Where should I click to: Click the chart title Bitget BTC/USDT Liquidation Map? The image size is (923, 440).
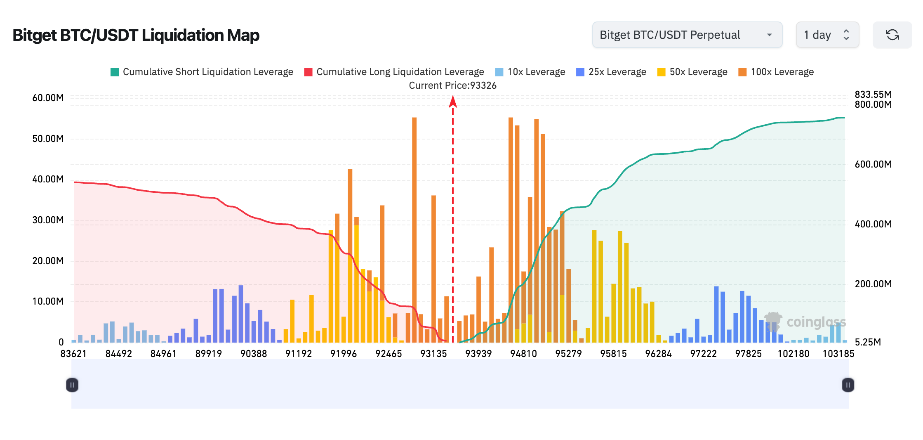136,35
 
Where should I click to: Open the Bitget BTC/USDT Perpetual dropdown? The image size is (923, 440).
687,35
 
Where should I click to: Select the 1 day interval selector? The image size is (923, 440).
827,35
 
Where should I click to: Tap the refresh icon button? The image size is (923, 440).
892,35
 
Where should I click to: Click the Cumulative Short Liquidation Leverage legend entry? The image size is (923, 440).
202,72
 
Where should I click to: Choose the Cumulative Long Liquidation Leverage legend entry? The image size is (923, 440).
394,72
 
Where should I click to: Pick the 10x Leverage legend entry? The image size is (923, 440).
530,72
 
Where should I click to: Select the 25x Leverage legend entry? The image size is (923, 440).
611,72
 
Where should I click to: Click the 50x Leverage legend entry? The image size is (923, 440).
692,72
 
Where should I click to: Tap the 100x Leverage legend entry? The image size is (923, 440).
776,72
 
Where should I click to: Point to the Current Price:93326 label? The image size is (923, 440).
452,85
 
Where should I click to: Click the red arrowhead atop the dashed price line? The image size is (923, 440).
453,102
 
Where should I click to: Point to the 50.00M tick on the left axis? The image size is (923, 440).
48,139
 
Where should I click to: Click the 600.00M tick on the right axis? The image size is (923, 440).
873,164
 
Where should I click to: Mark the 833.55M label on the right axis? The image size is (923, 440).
873,95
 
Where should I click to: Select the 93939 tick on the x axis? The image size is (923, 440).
478,354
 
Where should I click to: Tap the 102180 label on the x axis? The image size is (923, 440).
793,354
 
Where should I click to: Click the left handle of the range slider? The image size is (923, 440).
72,385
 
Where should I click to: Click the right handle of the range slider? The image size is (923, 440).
848,385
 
